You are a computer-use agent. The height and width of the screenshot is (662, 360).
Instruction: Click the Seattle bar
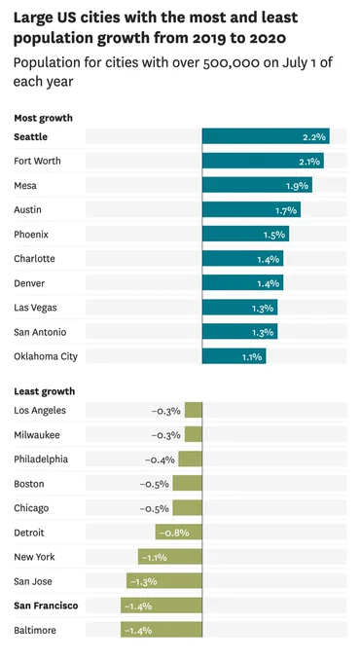(266, 136)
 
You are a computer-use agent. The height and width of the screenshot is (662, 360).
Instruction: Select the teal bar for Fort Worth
(263, 161)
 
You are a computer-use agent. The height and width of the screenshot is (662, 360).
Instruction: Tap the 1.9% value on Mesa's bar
(297, 186)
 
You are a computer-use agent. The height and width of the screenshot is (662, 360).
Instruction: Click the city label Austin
(28, 209)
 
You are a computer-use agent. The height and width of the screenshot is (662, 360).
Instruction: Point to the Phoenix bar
(245, 234)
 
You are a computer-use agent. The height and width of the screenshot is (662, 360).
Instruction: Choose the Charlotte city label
(34, 258)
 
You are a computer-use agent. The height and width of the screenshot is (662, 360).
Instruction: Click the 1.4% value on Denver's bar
(269, 283)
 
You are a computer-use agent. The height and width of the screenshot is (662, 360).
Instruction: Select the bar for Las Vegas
(239, 307)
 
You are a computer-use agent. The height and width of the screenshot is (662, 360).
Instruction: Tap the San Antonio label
(40, 332)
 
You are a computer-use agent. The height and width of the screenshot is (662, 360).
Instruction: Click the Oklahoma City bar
(234, 356)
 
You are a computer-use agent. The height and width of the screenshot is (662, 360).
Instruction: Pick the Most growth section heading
(44, 118)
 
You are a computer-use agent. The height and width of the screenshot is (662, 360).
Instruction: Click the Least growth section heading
(45, 391)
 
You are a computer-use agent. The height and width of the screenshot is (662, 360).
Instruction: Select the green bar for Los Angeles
(194, 410)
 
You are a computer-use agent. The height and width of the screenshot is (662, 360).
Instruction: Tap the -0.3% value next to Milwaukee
(165, 435)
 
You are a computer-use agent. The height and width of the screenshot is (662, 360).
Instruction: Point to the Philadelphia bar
(191, 459)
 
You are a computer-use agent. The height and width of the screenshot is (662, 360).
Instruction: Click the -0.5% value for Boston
(155, 484)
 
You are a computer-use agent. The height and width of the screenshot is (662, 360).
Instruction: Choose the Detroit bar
(179, 532)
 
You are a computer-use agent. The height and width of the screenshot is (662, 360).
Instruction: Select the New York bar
(170, 557)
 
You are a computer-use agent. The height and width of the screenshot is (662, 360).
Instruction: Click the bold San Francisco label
(46, 606)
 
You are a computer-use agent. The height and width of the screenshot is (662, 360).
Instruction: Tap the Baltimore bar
(162, 630)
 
